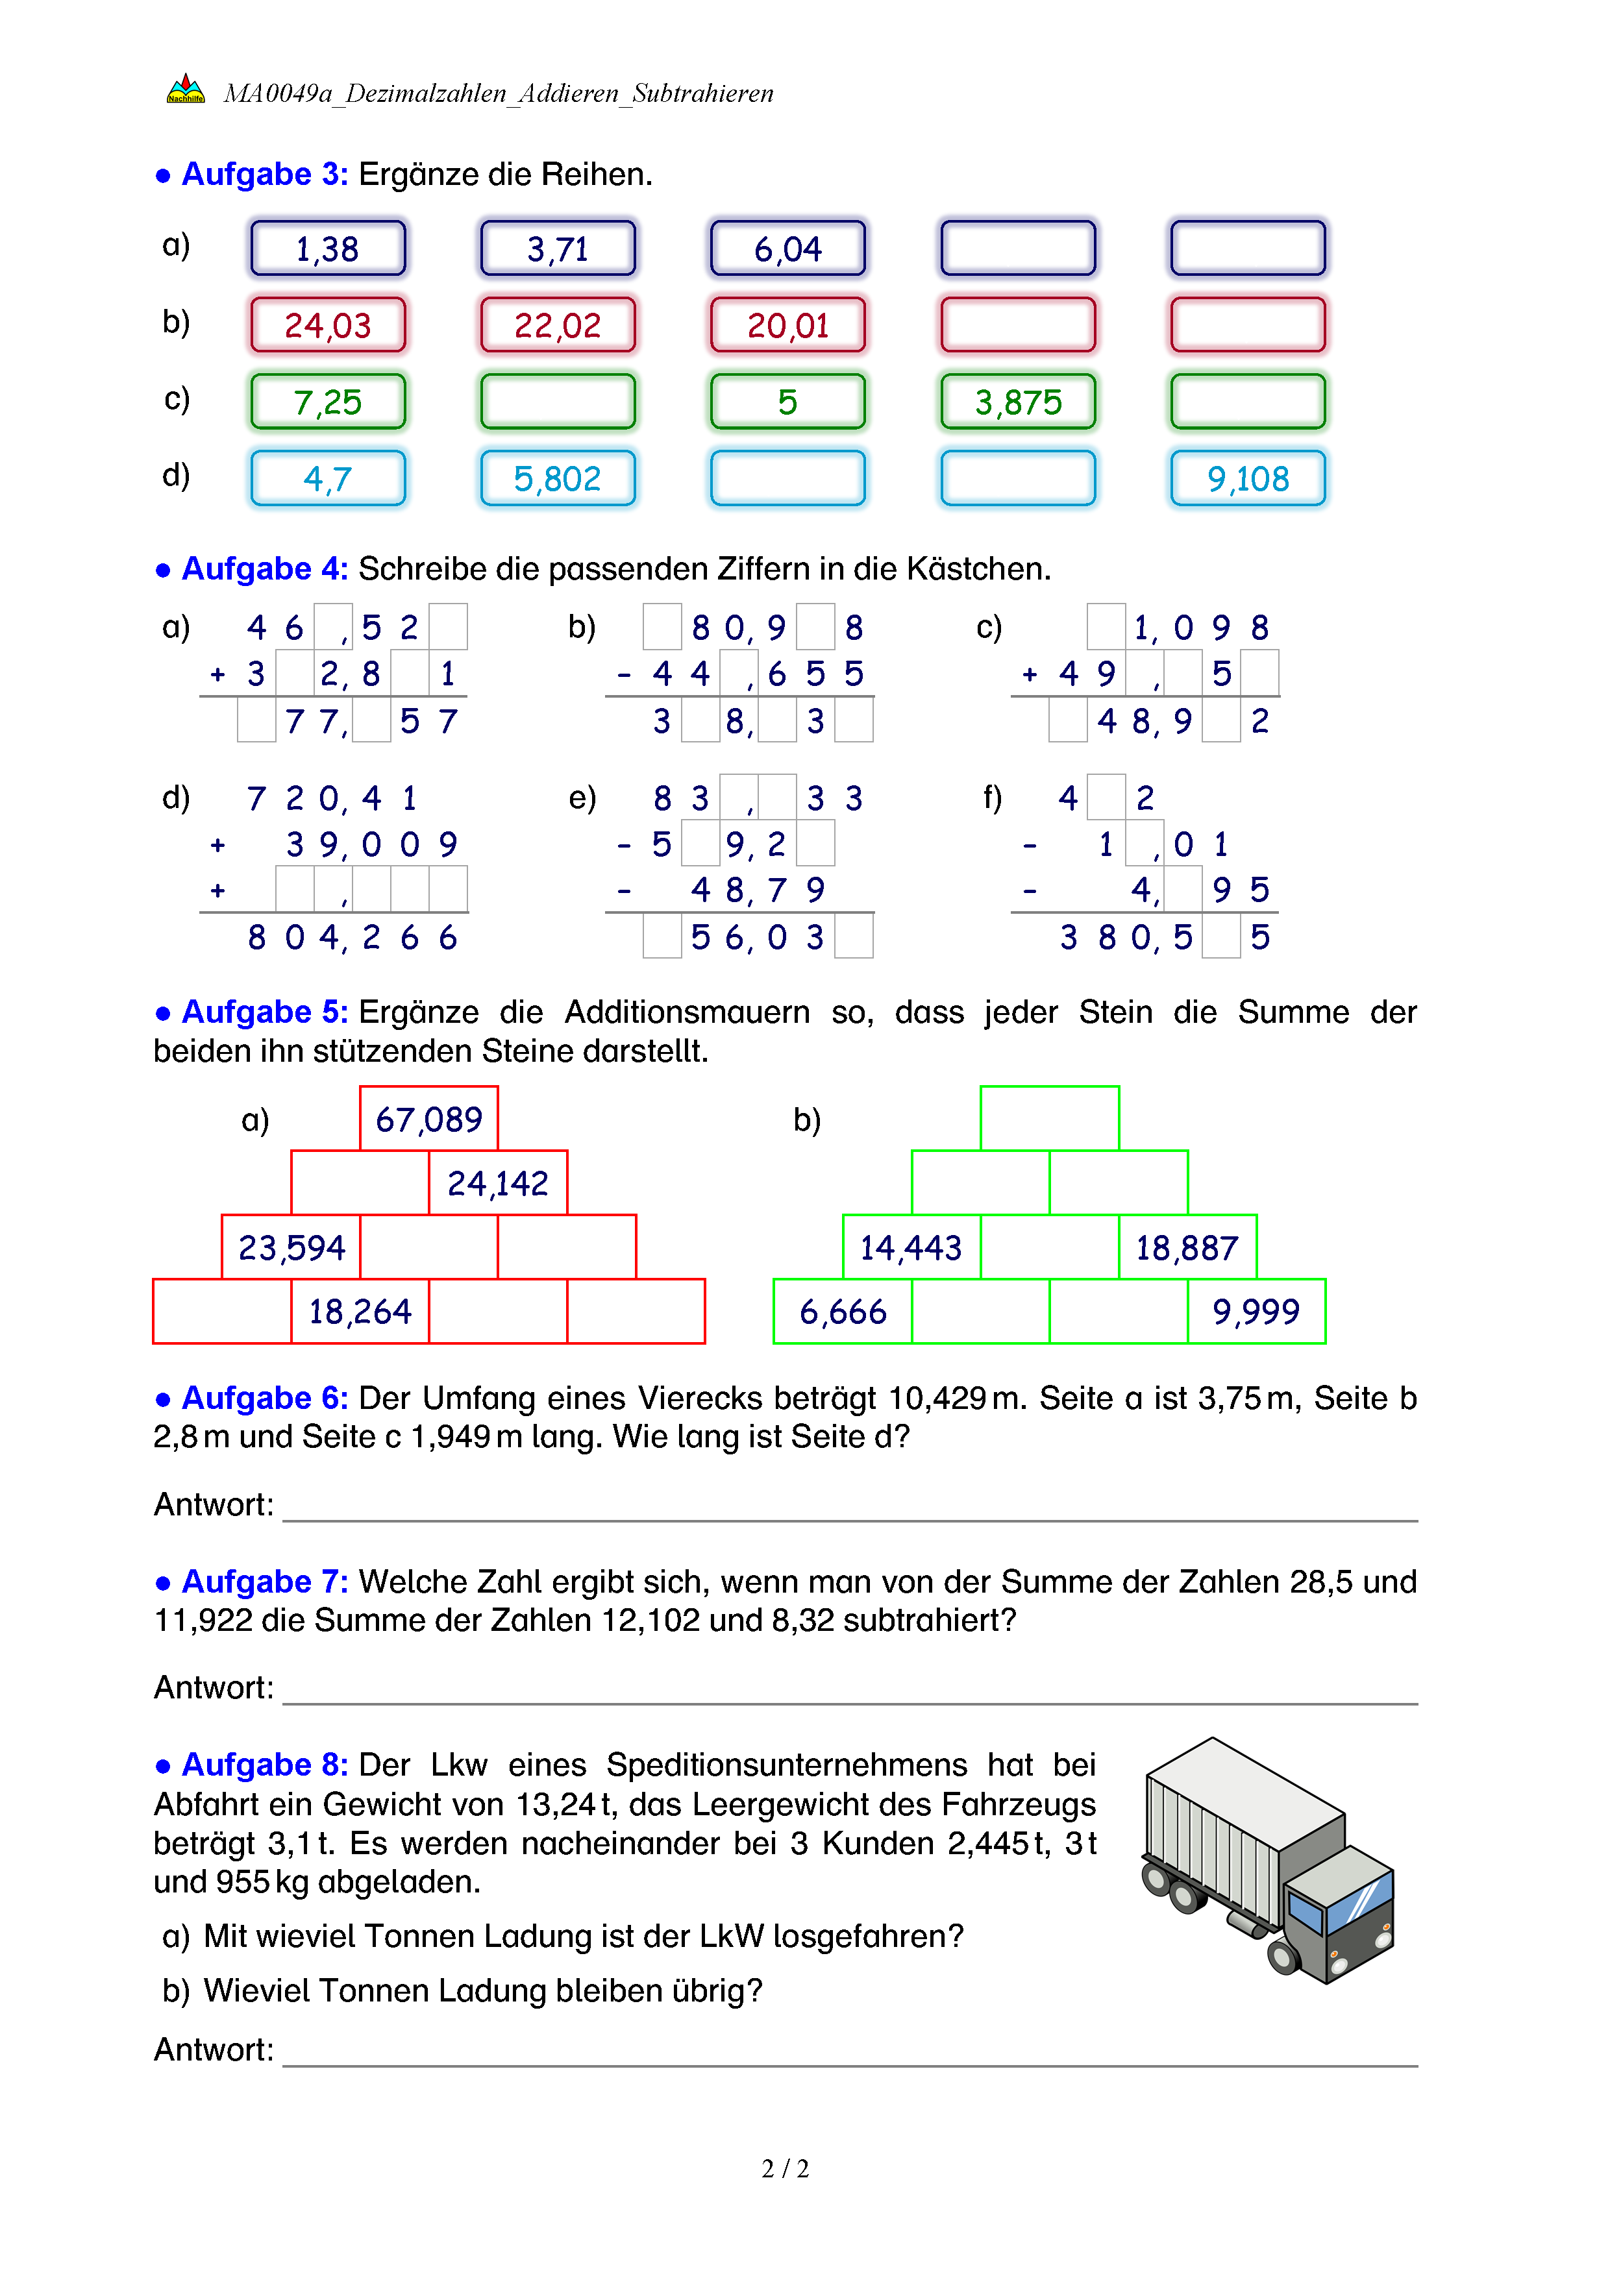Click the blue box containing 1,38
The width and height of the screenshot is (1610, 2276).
coord(328,248)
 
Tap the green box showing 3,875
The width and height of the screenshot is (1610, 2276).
coord(1017,402)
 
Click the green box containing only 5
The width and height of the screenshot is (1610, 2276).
coord(787,402)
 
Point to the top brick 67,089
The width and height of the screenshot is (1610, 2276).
coord(428,1119)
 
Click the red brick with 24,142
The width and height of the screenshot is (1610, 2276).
coord(498,1182)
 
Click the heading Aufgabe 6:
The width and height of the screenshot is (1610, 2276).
coord(265,1398)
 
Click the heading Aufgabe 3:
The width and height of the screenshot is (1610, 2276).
coord(265,175)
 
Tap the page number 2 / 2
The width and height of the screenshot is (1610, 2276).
coord(785,2169)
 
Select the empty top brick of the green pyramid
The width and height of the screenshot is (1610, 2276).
coord(1049,1118)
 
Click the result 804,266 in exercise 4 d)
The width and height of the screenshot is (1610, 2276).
coord(352,936)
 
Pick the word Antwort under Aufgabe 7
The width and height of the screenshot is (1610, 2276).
coord(212,1687)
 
